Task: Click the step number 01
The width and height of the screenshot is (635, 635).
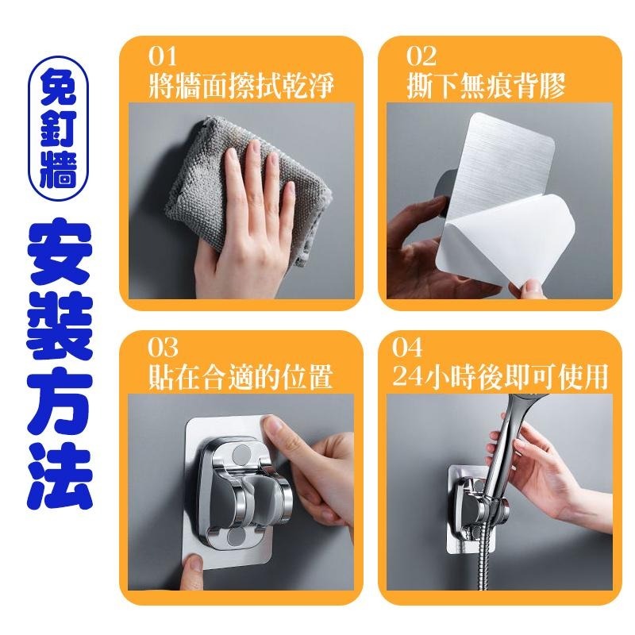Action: [163, 56]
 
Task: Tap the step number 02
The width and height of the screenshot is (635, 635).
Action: [421, 56]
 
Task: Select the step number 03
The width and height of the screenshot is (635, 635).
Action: [163, 347]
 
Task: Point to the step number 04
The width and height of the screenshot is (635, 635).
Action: [407, 347]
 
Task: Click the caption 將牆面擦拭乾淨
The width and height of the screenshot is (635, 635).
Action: [241, 86]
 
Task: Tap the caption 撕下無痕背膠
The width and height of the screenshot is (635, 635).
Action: [486, 86]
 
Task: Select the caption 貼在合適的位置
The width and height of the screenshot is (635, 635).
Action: [241, 377]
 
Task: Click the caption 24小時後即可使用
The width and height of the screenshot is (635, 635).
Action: [500, 377]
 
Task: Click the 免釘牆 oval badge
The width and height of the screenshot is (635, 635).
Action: [58, 128]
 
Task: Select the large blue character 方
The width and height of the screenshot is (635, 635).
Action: [59, 402]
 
